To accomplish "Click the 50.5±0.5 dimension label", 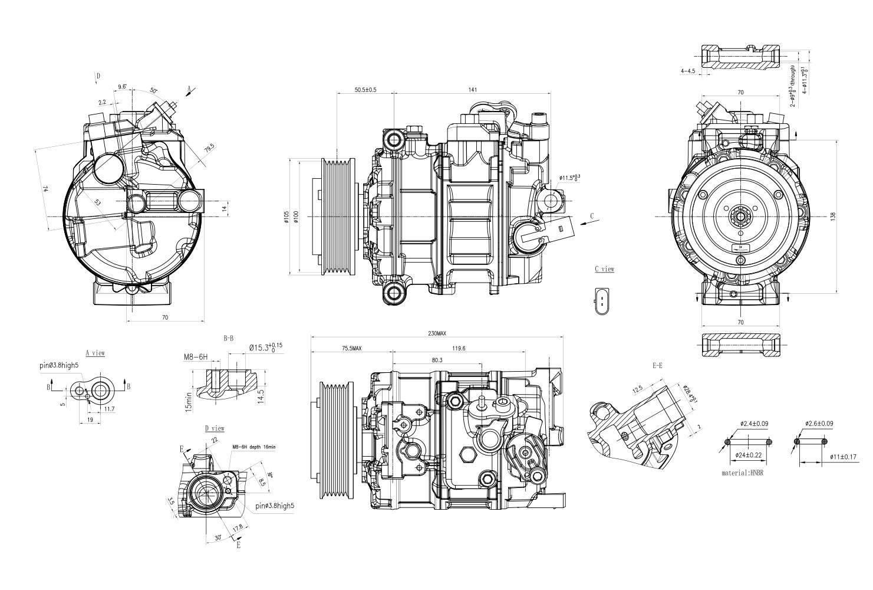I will click(x=365, y=90).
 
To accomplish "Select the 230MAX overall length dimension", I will click(x=437, y=334).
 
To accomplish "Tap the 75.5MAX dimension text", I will click(x=352, y=349).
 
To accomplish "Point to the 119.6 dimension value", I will click(x=459, y=349).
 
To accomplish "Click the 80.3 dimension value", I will click(x=437, y=360).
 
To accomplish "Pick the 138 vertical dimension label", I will click(x=849, y=217).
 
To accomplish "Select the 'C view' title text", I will click(x=604, y=269).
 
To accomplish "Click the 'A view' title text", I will click(x=95, y=353).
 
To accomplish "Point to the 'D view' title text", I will click(x=214, y=428).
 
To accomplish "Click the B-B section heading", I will click(x=228, y=339).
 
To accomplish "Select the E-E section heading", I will click(x=657, y=366).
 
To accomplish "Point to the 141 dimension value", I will click(x=472, y=90).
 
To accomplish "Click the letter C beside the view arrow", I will click(x=591, y=217).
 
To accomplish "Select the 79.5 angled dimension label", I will click(x=209, y=149).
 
